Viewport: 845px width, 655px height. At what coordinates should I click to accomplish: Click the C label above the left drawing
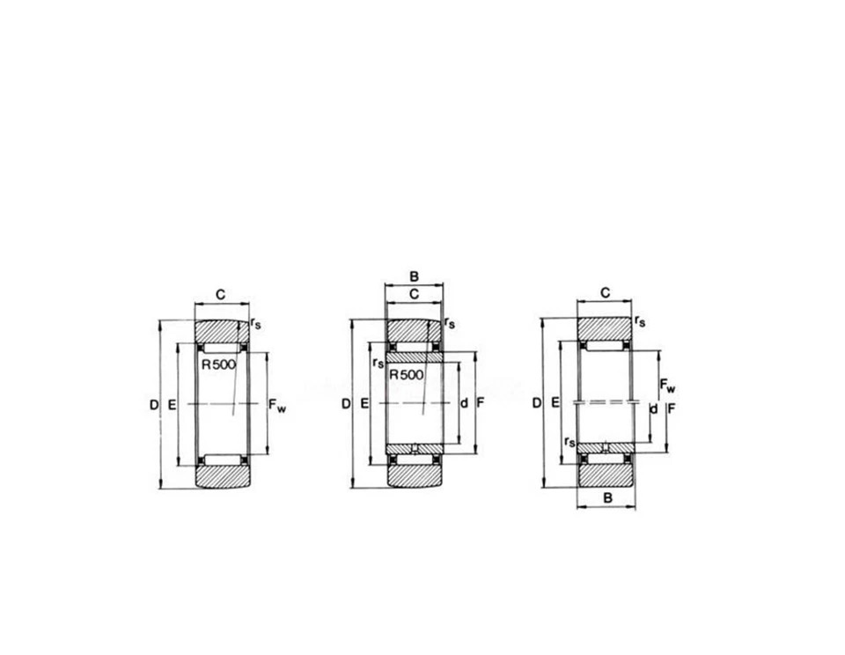pyautogui.click(x=220, y=294)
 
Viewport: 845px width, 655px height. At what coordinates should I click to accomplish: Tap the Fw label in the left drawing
pyautogui.click(x=277, y=405)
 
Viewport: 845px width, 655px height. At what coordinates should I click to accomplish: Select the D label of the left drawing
pyautogui.click(x=154, y=404)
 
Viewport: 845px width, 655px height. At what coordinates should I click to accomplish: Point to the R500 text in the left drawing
pyautogui.click(x=219, y=364)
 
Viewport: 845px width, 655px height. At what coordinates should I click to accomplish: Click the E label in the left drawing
pyautogui.click(x=172, y=404)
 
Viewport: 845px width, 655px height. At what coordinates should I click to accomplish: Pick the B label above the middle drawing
pyautogui.click(x=414, y=276)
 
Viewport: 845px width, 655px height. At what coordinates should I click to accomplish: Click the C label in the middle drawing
pyautogui.click(x=414, y=294)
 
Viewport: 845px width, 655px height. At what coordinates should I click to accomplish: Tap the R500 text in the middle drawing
pyautogui.click(x=407, y=375)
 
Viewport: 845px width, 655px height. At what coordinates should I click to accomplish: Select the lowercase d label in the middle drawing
pyautogui.click(x=464, y=402)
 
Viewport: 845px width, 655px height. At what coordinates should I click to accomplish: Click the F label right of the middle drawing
pyautogui.click(x=481, y=402)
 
